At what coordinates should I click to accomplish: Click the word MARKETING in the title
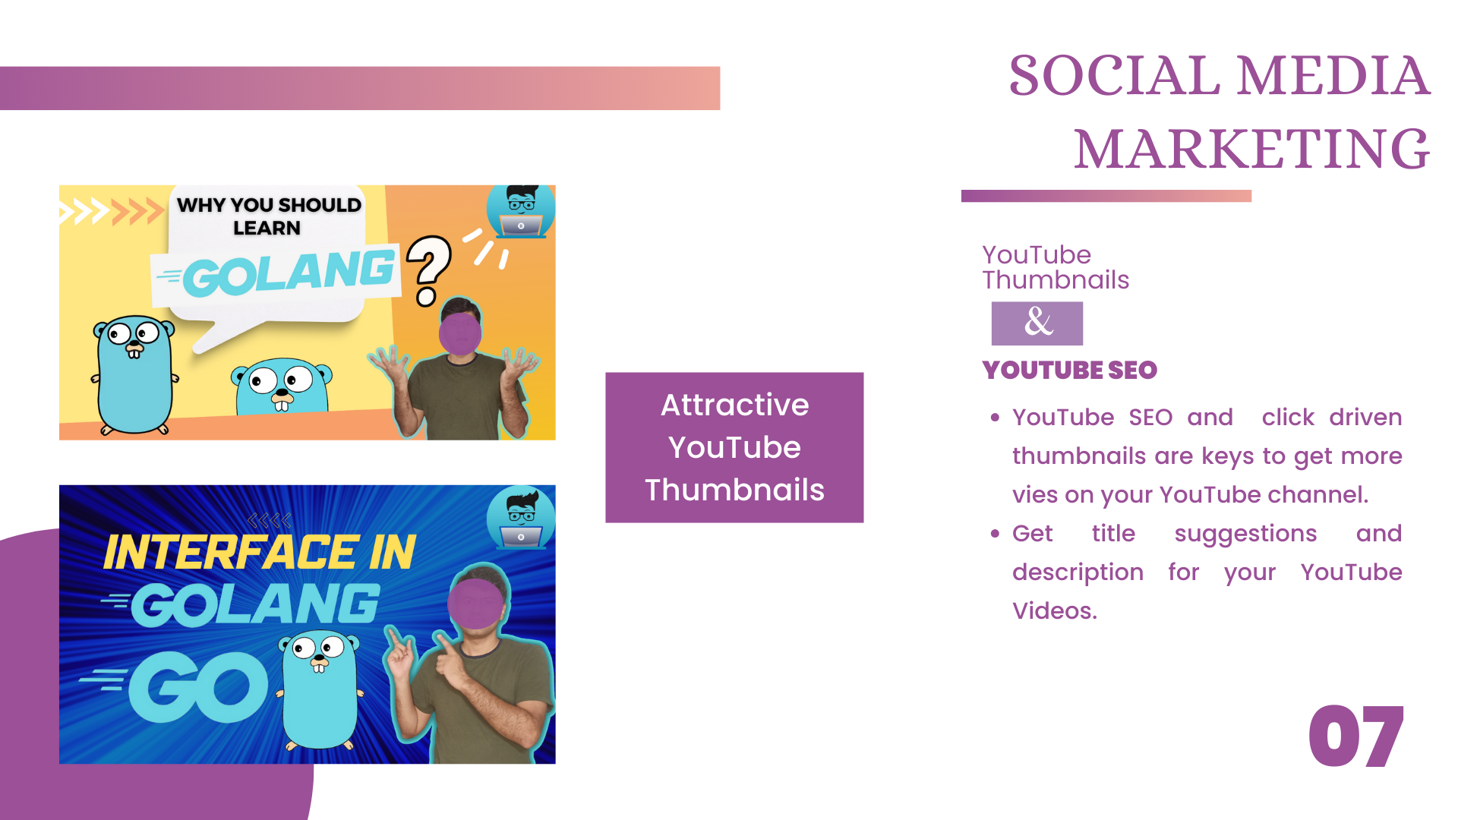point(1251,149)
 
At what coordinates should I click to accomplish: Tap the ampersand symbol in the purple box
point(1038,322)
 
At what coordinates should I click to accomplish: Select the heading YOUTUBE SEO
point(1069,370)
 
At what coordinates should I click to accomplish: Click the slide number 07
point(1356,736)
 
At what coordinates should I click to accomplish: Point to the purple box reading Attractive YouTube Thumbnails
point(734,447)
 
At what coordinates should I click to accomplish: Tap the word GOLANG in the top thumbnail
point(289,273)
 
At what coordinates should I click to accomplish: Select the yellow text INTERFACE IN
point(260,552)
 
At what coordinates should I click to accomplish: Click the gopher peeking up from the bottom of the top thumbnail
point(282,386)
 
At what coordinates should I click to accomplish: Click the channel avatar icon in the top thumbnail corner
point(521,210)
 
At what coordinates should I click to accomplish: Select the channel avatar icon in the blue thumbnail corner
point(521,518)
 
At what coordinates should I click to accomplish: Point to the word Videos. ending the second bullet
point(1055,610)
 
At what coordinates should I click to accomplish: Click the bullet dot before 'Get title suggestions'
point(995,534)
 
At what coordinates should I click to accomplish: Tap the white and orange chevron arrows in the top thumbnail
point(112,211)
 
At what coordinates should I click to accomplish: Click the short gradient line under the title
point(1106,196)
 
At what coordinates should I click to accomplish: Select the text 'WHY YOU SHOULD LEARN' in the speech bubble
point(269,216)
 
